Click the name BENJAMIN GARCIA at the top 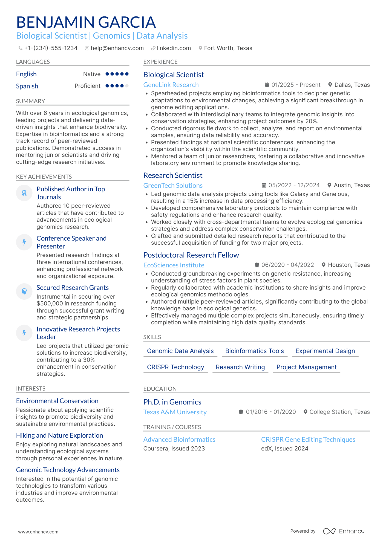[x=86, y=22]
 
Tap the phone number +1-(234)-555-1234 [x=51, y=48]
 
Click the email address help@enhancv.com [x=117, y=48]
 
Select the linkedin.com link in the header [x=174, y=48]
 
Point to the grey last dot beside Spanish [x=127, y=86]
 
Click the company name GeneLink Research [x=171, y=85]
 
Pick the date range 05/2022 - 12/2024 [x=294, y=185]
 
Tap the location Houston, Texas [x=348, y=265]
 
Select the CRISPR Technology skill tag [x=175, y=367]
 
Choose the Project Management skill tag [x=306, y=367]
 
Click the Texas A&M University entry [x=175, y=412]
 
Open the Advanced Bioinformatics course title [x=179, y=440]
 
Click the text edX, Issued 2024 [x=284, y=449]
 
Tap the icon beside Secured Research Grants [x=24, y=291]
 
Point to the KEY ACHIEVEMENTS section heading [x=44, y=177]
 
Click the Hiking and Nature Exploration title [x=59, y=435]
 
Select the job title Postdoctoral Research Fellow [x=191, y=255]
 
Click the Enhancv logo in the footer [x=344, y=531]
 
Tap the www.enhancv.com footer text [x=38, y=532]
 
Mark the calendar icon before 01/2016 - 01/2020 [x=241, y=412]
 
